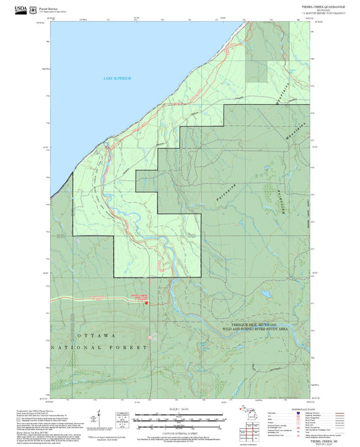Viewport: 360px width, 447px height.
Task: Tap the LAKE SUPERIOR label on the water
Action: [x=117, y=80]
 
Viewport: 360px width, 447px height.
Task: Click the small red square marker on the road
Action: [x=147, y=303]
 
